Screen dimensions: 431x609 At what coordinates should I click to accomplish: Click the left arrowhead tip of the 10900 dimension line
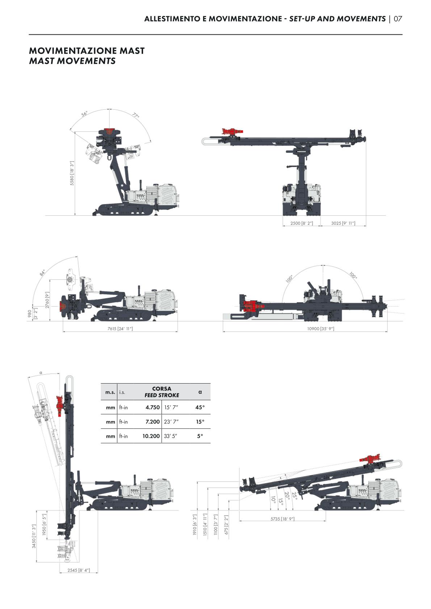point(223,332)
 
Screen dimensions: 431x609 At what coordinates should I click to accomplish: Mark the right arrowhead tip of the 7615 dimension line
point(178,332)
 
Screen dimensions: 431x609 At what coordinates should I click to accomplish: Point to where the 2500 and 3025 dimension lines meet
point(320,226)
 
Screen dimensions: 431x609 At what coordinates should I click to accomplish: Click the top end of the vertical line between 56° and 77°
point(110,109)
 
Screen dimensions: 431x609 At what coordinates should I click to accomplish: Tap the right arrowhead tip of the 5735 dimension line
point(326,521)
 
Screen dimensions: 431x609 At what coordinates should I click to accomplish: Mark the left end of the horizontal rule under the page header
point(29,34)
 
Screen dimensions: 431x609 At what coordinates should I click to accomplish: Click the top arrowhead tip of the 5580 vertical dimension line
point(75,132)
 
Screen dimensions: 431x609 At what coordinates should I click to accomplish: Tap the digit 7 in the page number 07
point(399,19)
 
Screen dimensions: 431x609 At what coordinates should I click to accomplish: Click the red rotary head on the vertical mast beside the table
point(60,406)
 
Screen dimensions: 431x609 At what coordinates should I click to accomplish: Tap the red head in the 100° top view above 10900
point(253,306)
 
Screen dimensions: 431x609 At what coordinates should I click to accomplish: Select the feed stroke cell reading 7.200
point(152,422)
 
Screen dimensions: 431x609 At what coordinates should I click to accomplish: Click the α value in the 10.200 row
point(200,436)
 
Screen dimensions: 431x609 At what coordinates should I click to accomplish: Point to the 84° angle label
point(42,272)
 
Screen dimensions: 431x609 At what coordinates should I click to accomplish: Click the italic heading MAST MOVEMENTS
point(72,61)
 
